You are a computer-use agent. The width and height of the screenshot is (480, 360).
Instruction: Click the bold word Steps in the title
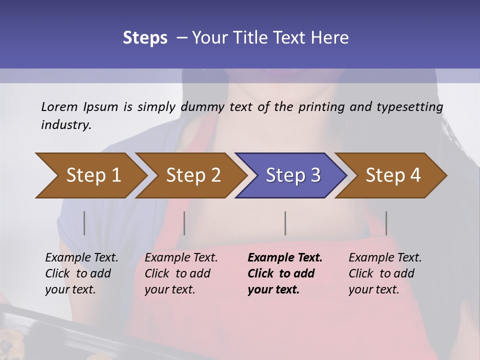145,37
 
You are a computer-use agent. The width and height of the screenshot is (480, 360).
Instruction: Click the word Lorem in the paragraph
59,106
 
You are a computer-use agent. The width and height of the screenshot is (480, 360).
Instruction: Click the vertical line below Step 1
84,223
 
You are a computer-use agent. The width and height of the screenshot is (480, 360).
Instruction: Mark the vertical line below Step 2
184,223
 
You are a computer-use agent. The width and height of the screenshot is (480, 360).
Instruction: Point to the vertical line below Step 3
285,223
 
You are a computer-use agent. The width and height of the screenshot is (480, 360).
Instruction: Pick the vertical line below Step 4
386,223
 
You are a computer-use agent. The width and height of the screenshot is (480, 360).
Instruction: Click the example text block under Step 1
81,273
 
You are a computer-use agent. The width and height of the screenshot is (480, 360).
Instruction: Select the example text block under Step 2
181,273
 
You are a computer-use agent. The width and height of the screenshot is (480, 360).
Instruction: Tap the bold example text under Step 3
285,273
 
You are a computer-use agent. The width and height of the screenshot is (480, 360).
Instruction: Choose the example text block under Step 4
385,273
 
